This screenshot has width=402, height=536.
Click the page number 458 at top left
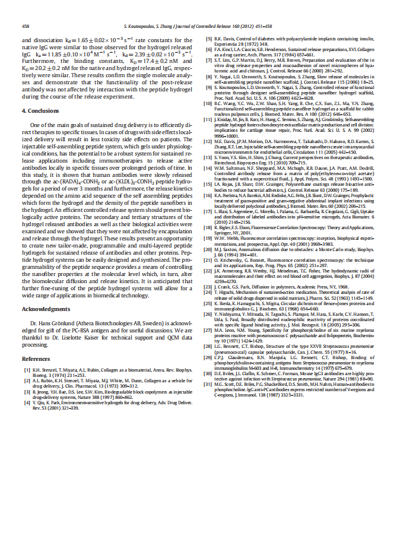point(26,27)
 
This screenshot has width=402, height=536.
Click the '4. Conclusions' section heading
point(42,111)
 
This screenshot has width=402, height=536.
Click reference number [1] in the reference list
point(27,370)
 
